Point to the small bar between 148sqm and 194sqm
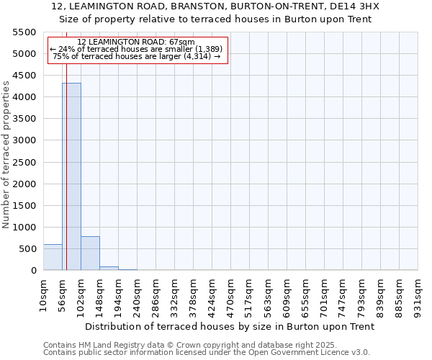coord(109,268)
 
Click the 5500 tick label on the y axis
coord(24,32)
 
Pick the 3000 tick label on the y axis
coord(24,140)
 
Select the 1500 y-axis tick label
coord(24,206)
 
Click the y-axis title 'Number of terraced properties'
coord(7,155)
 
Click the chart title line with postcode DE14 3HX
coord(225,6)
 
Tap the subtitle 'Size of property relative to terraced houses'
coord(225,19)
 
